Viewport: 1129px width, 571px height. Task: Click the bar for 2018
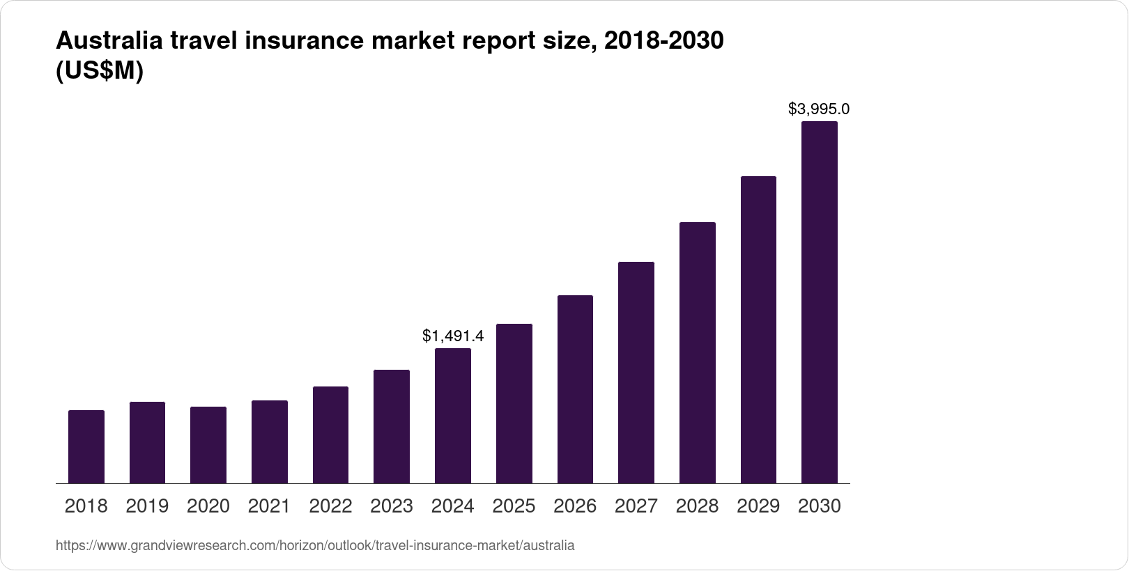pos(86,446)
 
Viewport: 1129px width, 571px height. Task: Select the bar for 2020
pos(208,445)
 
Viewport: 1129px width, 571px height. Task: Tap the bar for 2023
pos(392,426)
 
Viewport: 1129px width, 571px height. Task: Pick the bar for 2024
pos(453,416)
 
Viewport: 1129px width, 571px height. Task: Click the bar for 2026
pos(575,389)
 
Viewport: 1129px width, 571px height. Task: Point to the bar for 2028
pos(697,352)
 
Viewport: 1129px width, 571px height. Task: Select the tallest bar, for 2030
pos(820,302)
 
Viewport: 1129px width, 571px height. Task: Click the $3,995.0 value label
pos(819,109)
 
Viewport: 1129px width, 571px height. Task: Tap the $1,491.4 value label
pos(453,336)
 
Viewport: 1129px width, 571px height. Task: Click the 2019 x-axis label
pos(147,506)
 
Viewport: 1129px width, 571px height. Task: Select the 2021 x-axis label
pos(269,506)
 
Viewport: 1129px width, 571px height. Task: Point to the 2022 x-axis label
pos(330,506)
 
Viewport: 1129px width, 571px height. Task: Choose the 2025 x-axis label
pos(514,506)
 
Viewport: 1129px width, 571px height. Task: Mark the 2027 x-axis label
pos(636,506)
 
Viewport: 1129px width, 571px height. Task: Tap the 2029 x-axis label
pos(758,506)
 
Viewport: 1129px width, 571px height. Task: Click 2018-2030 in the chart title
pos(663,41)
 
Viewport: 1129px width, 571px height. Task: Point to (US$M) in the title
pos(99,71)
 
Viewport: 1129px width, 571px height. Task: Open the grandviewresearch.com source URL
pos(315,545)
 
